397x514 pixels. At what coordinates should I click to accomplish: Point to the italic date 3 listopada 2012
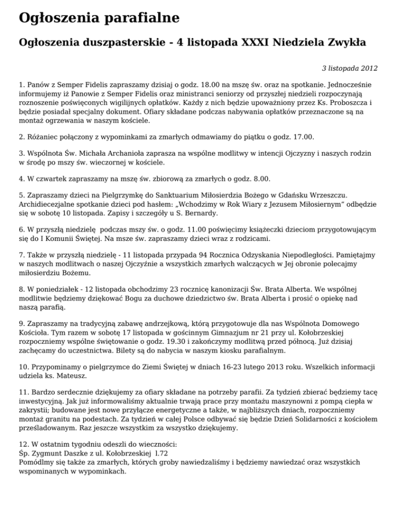(349, 68)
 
